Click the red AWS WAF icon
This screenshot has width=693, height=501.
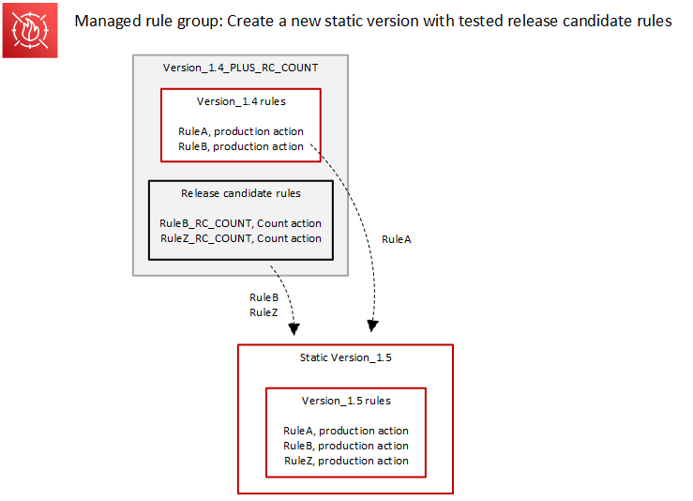pos(30,30)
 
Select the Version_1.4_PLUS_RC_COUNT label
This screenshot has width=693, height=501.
pos(240,68)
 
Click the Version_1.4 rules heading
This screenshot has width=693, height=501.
pos(241,101)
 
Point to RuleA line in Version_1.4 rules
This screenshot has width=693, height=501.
pos(241,131)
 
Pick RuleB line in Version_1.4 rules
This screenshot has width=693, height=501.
pos(241,146)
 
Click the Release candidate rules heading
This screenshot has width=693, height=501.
pos(241,193)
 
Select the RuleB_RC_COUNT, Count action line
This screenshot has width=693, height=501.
pos(241,223)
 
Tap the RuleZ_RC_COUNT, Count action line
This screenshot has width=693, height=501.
pos(241,238)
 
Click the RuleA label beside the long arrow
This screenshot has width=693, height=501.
pos(397,239)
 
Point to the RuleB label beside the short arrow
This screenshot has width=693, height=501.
pos(264,297)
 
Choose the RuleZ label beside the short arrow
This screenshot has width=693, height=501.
pos(264,312)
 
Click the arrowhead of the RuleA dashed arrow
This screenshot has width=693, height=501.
pos(372,326)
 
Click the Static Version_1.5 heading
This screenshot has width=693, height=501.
pos(345,357)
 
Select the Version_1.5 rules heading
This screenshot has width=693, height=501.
pos(346,401)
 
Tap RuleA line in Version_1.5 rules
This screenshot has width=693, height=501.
pos(346,431)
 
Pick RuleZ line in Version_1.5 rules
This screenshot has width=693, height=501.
pos(346,461)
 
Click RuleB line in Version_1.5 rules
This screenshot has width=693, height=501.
pos(346,446)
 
